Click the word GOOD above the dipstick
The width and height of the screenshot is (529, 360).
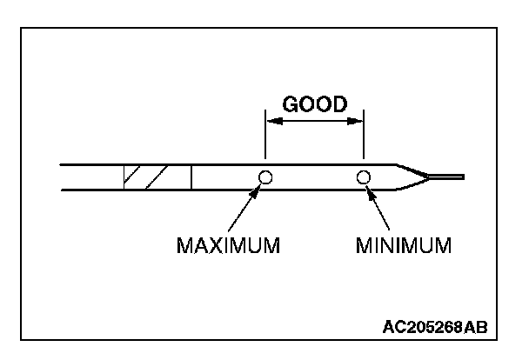coord(314,103)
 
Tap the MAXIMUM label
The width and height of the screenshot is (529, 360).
coord(229,244)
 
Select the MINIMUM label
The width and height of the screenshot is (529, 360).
coord(404,244)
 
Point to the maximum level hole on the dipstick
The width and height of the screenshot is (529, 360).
coord(265,177)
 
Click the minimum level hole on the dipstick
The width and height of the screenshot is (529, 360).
coord(364,177)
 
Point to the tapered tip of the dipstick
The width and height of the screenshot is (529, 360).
coord(410,177)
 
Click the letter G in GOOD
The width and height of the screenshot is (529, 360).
coord(291,103)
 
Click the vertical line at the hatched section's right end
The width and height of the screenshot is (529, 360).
coord(191,177)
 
